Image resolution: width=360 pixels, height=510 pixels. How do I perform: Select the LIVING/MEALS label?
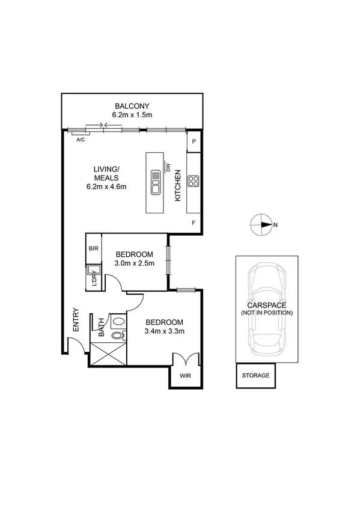pyautogui.click(x=105, y=174)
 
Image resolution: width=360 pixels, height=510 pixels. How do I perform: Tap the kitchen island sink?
pyautogui.click(x=155, y=182)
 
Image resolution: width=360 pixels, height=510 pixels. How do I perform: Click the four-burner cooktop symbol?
pyautogui.click(x=194, y=182)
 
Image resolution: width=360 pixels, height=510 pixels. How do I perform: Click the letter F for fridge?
pyautogui.click(x=194, y=223)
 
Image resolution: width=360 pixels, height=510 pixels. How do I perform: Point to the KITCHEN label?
pyautogui.click(x=177, y=186)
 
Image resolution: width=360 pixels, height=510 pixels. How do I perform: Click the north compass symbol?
pyautogui.click(x=262, y=226)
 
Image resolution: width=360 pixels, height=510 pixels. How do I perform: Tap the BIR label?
pyautogui.click(x=93, y=248)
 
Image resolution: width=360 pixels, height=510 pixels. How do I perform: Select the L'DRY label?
pyautogui.click(x=94, y=281)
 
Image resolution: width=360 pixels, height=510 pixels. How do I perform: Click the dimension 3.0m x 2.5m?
pyautogui.click(x=135, y=263)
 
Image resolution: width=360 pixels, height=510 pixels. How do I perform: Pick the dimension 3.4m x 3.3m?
pyautogui.click(x=164, y=331)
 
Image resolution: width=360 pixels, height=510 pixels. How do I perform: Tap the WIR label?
pyautogui.click(x=185, y=378)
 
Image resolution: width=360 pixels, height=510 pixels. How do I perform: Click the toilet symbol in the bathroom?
pyautogui.click(x=118, y=325)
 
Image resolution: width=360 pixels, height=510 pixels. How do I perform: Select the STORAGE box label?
pyautogui.click(x=255, y=376)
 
